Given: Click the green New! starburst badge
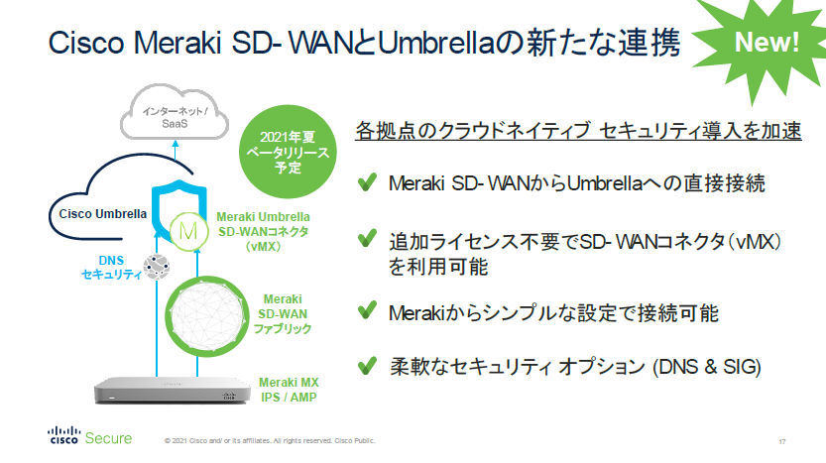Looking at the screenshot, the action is pos(767,44).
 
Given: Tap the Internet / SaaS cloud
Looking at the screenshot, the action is pos(175,113).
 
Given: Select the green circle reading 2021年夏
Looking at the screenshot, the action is pos(288,152).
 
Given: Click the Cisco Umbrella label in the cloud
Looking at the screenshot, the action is pos(103,214).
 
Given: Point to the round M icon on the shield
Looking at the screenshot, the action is pos(188,231).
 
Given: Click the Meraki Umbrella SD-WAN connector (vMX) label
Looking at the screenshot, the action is pos(263,231).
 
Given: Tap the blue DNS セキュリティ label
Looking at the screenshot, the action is pos(111,267).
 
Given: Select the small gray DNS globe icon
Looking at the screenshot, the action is pos(157,267).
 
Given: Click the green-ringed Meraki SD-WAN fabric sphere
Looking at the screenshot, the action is pos(206,316).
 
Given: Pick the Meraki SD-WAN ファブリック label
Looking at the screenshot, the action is pos(283,314).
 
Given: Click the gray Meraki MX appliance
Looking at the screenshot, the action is pos(173,391).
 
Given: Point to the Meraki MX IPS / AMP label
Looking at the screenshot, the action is pos(289,390).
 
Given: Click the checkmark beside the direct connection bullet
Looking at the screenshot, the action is pos(367,181).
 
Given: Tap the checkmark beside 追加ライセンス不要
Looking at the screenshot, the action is pos(367,239).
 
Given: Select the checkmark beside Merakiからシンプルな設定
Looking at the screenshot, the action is pos(367,310).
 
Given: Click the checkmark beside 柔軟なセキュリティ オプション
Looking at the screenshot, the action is pos(367,366).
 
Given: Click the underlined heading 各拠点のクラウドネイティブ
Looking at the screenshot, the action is pos(578,131).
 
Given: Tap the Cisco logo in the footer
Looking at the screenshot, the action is pos(63,435).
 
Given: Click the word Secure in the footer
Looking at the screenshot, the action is pos(108,438).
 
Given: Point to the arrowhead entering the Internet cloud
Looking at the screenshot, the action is pos(176,144).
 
